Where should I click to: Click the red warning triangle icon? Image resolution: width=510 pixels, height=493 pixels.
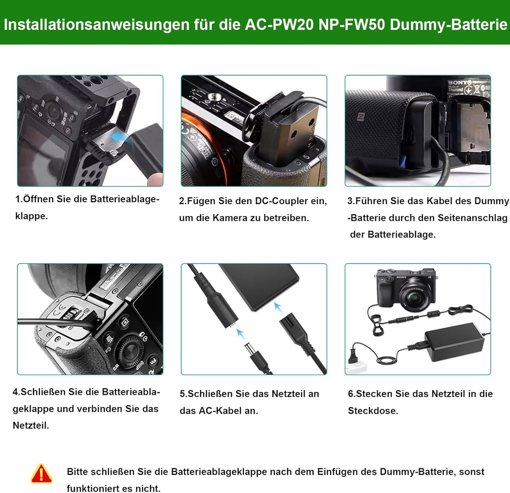point(41,474)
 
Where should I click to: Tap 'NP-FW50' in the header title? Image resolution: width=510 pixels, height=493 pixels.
point(352,25)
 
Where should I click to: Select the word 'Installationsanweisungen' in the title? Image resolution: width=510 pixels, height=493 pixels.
point(96,25)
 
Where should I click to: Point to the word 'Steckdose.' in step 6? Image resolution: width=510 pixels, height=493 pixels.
point(373,411)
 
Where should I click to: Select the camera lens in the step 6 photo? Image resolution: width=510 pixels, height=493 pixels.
point(416,295)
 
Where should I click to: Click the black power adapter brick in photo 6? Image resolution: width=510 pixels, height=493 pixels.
point(455,342)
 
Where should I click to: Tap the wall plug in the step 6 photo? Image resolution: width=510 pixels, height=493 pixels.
point(354,356)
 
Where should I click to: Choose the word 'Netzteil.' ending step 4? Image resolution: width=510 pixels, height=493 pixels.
point(31,425)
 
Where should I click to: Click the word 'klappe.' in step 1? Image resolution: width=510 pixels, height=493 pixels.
point(32,216)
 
